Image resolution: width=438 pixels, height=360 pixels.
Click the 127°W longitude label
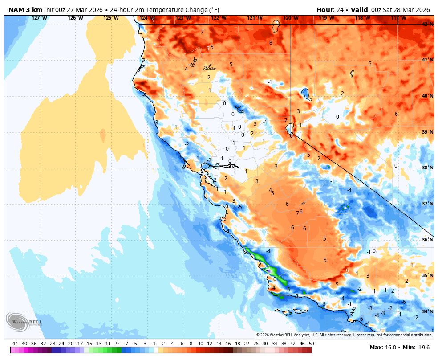click(39, 18)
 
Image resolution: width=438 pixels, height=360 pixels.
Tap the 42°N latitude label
click(427, 24)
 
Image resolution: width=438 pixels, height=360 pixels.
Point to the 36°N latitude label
click(427, 240)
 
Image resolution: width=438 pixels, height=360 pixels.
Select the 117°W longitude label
click(397, 18)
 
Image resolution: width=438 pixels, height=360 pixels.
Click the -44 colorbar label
click(15, 344)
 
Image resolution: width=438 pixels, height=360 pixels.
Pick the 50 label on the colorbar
click(311, 344)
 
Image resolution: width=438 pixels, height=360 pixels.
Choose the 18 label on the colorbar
click(237, 344)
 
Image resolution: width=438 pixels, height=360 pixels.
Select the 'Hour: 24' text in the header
click(331, 10)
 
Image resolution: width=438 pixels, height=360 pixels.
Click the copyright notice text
click(344, 335)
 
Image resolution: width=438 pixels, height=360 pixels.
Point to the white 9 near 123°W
click(208, 48)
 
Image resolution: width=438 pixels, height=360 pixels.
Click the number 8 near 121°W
click(271, 43)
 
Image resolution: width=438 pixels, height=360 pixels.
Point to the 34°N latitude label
click(427, 311)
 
